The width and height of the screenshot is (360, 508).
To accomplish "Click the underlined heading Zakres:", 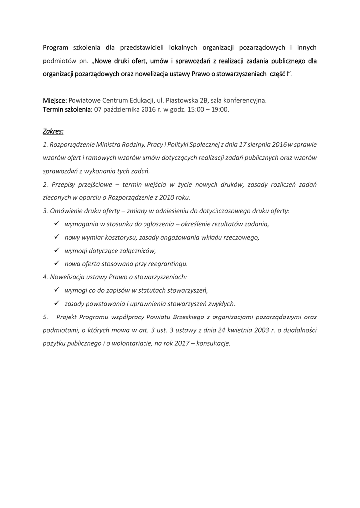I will (53, 132).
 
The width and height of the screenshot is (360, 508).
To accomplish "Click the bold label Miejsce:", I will (55, 100).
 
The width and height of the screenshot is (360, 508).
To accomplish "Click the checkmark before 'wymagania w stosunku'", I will (56, 223).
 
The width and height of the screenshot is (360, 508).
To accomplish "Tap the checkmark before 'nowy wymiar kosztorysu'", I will (56, 237).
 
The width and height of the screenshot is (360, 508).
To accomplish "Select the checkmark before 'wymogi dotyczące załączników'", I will (56, 250).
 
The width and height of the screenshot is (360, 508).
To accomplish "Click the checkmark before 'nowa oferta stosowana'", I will (56, 263).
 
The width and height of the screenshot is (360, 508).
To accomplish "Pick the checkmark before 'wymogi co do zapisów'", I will (56, 290).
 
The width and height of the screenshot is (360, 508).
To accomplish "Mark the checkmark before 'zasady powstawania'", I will (56, 303).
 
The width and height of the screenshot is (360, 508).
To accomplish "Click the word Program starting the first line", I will (55, 48).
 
